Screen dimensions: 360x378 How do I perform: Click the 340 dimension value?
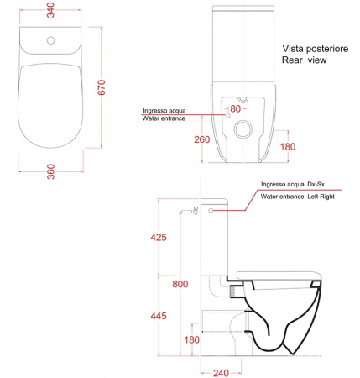click(x=50, y=10)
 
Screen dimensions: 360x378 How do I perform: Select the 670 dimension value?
click(x=102, y=87)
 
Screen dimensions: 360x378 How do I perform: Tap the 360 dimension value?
click(x=50, y=171)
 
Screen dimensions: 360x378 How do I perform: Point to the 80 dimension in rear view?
click(x=236, y=108)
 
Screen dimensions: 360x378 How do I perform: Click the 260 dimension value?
click(x=202, y=139)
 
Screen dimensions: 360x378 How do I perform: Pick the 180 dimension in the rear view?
click(x=288, y=146)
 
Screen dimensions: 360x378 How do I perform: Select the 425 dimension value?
click(x=159, y=237)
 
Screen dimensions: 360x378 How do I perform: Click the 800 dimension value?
click(x=180, y=284)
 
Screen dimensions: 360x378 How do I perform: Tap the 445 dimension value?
click(x=159, y=316)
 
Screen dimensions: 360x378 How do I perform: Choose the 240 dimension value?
click(x=221, y=373)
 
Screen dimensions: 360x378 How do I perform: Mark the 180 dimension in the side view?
click(x=191, y=339)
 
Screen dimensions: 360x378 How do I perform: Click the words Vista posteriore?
click(x=316, y=49)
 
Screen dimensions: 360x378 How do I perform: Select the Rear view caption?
click(x=304, y=60)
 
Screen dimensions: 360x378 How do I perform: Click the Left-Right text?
click(x=321, y=197)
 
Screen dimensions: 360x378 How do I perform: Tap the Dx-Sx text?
click(x=316, y=184)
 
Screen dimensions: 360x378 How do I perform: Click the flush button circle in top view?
click(x=50, y=40)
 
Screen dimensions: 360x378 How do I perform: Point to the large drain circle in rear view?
click(x=243, y=129)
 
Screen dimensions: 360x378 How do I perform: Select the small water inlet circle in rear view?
click(x=227, y=116)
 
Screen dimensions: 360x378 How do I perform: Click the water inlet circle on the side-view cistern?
click(x=211, y=211)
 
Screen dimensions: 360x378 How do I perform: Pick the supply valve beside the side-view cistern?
click(x=190, y=211)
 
